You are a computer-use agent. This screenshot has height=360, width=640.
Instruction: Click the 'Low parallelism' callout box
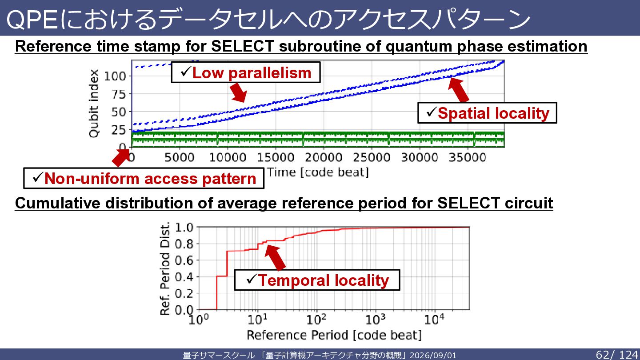246,72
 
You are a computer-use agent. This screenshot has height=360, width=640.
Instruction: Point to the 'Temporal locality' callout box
317,280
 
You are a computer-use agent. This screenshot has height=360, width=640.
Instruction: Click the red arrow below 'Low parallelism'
238,92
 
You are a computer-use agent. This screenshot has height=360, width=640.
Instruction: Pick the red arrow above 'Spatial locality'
458,89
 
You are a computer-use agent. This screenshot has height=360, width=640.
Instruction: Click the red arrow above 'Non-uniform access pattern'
120,157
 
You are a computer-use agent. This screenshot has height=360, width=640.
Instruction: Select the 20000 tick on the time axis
324,157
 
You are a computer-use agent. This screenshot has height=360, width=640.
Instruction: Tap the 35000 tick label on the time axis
468,157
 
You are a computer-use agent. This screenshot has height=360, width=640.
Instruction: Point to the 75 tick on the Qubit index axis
119,94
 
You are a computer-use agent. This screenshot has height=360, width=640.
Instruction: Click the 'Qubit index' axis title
94,104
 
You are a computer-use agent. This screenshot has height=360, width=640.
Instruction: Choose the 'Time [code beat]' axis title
318,172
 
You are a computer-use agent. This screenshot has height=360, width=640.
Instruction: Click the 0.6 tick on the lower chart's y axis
184,260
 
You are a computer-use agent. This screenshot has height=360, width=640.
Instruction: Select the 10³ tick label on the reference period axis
375,320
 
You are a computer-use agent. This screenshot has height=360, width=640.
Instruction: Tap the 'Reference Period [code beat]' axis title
334,335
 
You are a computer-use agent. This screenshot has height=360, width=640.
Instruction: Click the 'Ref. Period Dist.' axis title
165,268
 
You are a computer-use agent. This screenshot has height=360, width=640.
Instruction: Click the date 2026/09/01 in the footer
433,356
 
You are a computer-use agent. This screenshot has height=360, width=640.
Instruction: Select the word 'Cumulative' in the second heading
58,203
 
